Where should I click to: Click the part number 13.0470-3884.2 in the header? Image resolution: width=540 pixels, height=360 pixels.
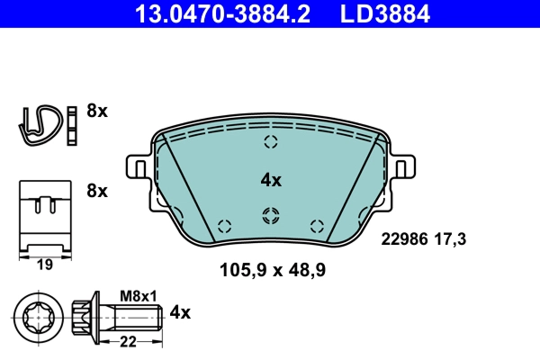click(x=222, y=13)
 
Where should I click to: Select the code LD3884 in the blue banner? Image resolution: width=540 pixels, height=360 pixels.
click(x=385, y=13)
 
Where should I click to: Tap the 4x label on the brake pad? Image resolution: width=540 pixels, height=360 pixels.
click(x=271, y=180)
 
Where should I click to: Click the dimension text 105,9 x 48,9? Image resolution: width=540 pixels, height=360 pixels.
click(x=273, y=270)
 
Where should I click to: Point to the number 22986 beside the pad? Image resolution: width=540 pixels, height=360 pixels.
click(x=404, y=239)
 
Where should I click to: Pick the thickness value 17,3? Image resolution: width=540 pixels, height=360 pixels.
click(x=450, y=239)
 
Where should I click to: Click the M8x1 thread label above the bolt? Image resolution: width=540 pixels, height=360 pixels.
click(x=138, y=296)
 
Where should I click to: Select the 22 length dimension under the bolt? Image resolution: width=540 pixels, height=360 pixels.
click(x=128, y=342)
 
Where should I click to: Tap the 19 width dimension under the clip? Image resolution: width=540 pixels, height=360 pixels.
click(x=45, y=265)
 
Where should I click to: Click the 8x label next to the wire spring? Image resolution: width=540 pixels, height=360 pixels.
click(x=97, y=111)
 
